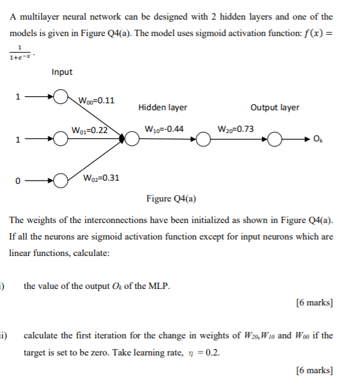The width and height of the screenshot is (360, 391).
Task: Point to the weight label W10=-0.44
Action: pos(164,129)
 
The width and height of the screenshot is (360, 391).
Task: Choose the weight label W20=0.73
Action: pos(235,129)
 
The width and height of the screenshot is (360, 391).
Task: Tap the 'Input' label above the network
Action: pos(62,72)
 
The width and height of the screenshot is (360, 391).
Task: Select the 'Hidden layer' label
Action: pos(162,108)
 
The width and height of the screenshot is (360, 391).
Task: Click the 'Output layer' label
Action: pos(275,108)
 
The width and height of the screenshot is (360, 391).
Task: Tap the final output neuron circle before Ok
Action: pos(275,139)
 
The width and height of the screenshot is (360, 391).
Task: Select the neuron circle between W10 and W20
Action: pos(203,139)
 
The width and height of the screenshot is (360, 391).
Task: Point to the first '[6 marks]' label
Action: pos(314,303)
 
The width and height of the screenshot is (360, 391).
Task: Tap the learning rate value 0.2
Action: pos(214,354)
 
